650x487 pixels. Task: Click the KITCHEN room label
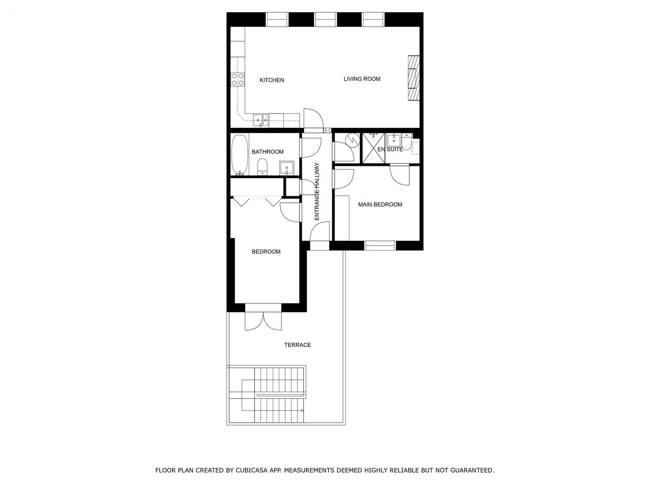click(272, 80)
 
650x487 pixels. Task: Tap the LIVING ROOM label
click(362, 79)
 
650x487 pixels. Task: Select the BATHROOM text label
click(268, 152)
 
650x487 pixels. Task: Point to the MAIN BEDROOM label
click(380, 204)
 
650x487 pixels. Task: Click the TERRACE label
click(297, 345)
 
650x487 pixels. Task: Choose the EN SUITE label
click(390, 150)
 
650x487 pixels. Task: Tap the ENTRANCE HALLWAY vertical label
click(317, 192)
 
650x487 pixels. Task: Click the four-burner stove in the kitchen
click(238, 79)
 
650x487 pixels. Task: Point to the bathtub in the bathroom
click(240, 155)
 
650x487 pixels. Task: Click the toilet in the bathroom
click(262, 167)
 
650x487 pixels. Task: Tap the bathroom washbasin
click(286, 168)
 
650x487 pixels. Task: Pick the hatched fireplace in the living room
click(414, 78)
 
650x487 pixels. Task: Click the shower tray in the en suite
click(374, 148)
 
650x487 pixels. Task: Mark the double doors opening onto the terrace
click(263, 321)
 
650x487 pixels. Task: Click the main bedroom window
click(380, 246)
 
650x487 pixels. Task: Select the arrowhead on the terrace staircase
click(302, 410)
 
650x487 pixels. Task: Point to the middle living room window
click(325, 19)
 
